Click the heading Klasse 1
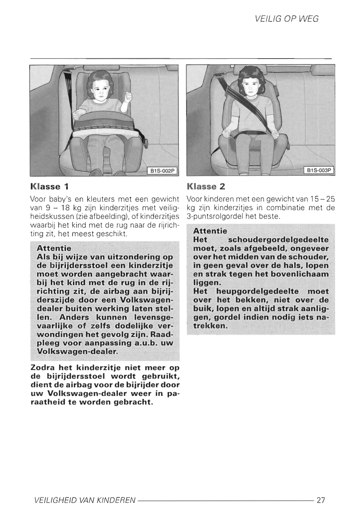tap(49, 186)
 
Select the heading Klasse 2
tap(206, 186)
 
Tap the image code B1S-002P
tap(162, 171)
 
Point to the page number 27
tap(321, 500)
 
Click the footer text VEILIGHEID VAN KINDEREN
tap(84, 500)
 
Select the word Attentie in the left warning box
tap(54, 248)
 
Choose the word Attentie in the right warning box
tap(210, 231)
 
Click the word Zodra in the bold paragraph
tap(43, 368)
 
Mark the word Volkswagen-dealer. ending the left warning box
tap(77, 351)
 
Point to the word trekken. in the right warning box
tap(210, 326)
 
